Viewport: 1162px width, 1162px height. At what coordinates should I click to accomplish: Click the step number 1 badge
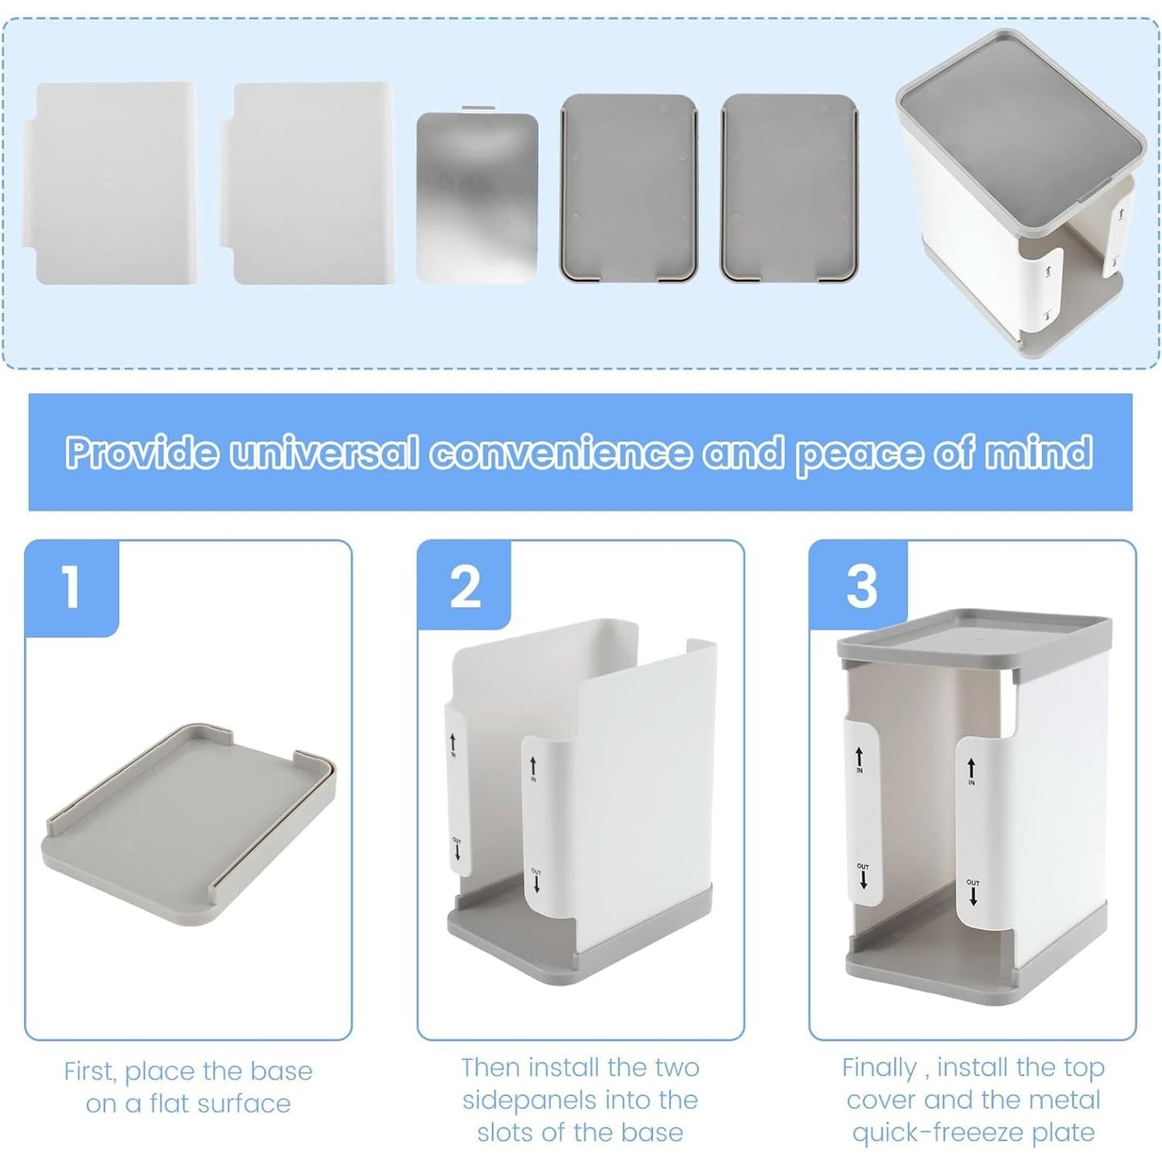[x=72, y=588]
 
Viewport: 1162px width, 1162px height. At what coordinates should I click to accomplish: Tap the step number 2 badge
[x=464, y=585]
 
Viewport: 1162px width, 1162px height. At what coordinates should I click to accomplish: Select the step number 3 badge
[x=859, y=585]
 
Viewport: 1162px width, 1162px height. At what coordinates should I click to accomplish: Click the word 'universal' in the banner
[x=323, y=452]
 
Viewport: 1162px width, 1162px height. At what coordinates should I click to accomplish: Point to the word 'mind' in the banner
[x=1038, y=452]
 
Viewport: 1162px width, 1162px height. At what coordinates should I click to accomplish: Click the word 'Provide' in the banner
[x=142, y=452]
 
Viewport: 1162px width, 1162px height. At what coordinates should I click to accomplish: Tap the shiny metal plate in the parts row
[x=477, y=197]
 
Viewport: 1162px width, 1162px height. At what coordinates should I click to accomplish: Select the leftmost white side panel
[x=109, y=183]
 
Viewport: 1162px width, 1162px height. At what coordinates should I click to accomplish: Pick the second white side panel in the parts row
[x=306, y=183]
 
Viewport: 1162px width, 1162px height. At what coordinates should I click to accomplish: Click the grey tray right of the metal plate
[x=629, y=188]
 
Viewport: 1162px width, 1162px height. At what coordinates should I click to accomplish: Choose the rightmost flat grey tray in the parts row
[x=790, y=188]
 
